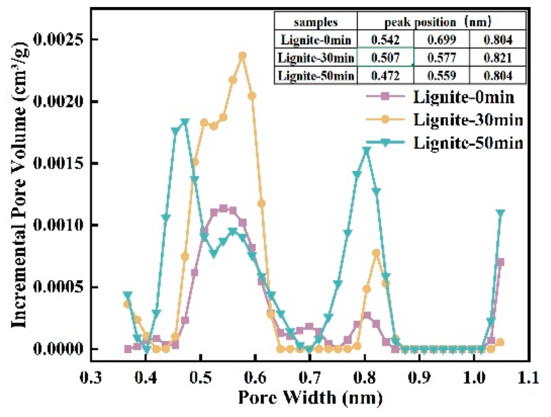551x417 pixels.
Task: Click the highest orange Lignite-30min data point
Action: pyautogui.click(x=242, y=56)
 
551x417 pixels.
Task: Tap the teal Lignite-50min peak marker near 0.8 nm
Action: pyautogui.click(x=367, y=150)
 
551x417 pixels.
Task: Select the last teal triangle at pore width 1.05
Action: pyautogui.click(x=501, y=213)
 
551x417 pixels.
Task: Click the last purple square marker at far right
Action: pyautogui.click(x=501, y=262)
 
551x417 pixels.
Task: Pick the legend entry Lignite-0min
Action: pyautogui.click(x=463, y=97)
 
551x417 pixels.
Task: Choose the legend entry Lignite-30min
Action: pyautogui.click(x=468, y=120)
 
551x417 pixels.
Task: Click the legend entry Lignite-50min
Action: pyautogui.click(x=468, y=143)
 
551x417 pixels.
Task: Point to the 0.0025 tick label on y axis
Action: pyautogui.click(x=56, y=40)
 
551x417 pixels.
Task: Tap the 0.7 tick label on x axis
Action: pyautogui.click(x=310, y=378)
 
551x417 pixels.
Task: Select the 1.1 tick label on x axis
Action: pyautogui.click(x=529, y=378)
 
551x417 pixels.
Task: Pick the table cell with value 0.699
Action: pyautogui.click(x=441, y=40)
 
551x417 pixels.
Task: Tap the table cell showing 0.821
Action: pyautogui.click(x=498, y=58)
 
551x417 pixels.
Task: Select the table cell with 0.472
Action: pyautogui.click(x=385, y=76)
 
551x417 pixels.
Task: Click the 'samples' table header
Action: pyautogui.click(x=316, y=22)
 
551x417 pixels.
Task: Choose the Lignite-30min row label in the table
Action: pyautogui.click(x=316, y=58)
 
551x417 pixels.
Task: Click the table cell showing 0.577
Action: pyautogui.click(x=441, y=58)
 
